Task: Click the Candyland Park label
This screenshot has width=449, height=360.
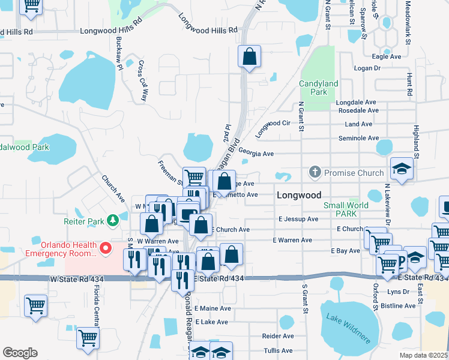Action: (x=319, y=88)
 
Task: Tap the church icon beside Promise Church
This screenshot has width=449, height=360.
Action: (x=315, y=173)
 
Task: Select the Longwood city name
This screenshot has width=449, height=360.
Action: (x=299, y=195)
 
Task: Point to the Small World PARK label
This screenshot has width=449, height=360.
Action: (x=346, y=209)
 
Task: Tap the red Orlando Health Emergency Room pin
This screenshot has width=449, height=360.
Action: (x=106, y=247)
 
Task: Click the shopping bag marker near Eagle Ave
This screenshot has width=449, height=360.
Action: (x=249, y=58)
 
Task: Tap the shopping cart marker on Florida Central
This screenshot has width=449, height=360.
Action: (x=88, y=338)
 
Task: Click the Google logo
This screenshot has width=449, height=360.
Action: (x=20, y=353)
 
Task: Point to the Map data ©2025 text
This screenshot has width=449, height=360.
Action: (x=423, y=355)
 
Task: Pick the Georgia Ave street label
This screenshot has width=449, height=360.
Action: (x=256, y=154)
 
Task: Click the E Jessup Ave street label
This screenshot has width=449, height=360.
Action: (x=298, y=219)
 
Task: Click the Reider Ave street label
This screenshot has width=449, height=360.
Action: (x=278, y=336)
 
